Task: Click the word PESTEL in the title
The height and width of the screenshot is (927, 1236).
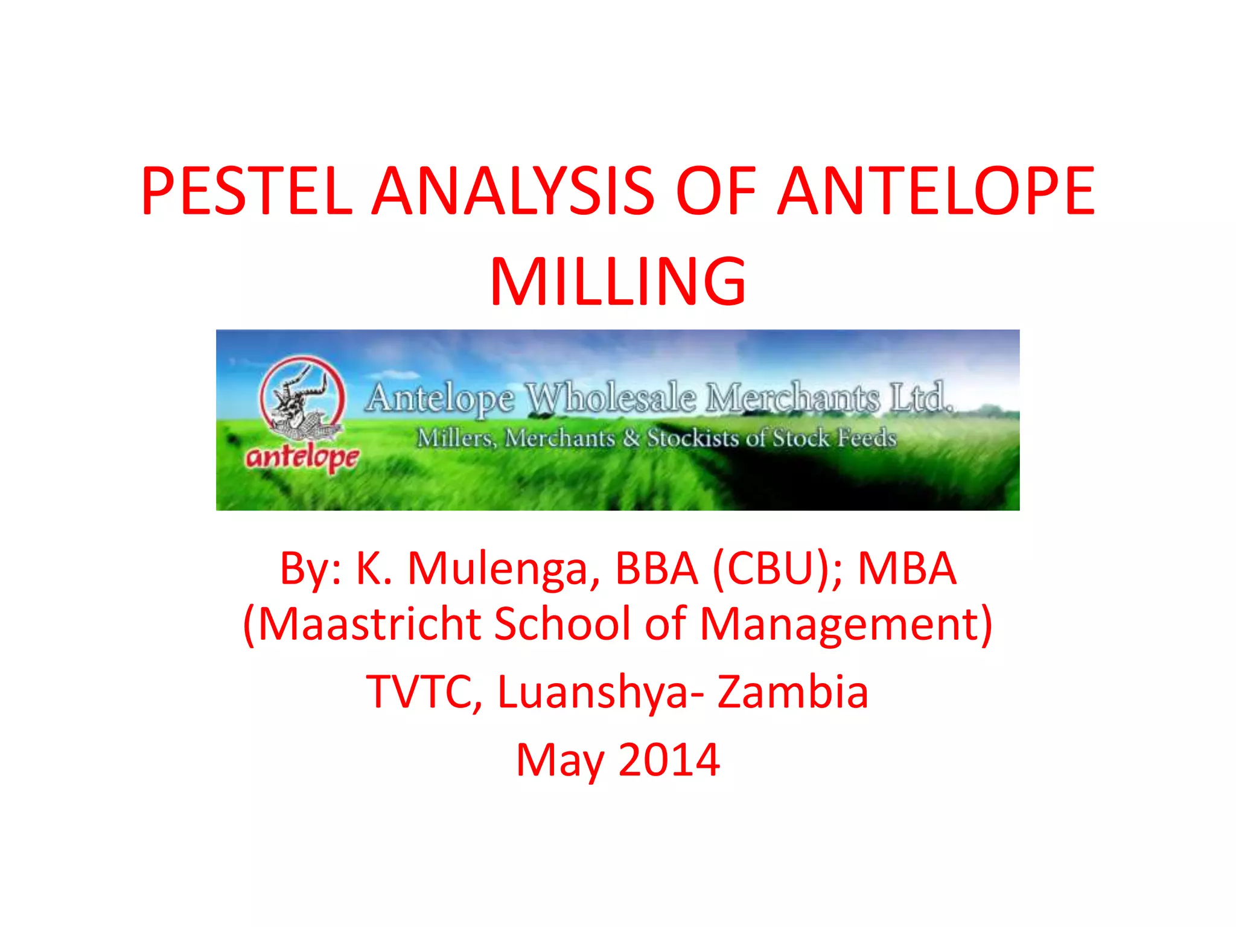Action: pyautogui.click(x=247, y=191)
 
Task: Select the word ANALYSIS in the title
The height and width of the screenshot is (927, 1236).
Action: pyautogui.click(x=513, y=191)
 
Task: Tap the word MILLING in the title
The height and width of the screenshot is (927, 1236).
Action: pyautogui.click(x=618, y=282)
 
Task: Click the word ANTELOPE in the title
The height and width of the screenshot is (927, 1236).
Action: pyautogui.click(x=936, y=191)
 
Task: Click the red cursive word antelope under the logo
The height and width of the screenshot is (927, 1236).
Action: pyautogui.click(x=302, y=457)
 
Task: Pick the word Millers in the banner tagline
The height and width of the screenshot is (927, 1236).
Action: pyautogui.click(x=456, y=438)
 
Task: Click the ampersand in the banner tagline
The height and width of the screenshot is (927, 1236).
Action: pyautogui.click(x=631, y=438)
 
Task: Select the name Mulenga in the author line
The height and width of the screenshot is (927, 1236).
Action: pyautogui.click(x=504, y=569)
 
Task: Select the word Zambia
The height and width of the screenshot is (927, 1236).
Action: pyautogui.click(x=793, y=692)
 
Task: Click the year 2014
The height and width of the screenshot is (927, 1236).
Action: pyautogui.click(x=669, y=760)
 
